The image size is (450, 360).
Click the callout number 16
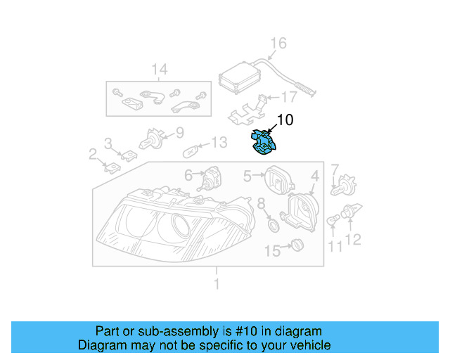279,44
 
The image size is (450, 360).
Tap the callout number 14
160,69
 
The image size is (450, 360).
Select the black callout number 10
285,120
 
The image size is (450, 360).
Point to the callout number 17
290,97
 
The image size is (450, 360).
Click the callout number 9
179,131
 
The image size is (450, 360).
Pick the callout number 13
219,143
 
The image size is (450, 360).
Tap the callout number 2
93,153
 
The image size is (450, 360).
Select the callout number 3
108,143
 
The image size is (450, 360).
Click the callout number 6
188,174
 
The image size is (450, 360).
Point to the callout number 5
247,175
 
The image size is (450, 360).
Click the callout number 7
335,169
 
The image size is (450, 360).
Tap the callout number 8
261,204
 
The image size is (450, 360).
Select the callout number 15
272,250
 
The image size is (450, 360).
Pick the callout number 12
353,240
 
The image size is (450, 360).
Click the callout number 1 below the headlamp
217,284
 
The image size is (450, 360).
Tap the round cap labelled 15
296,246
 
